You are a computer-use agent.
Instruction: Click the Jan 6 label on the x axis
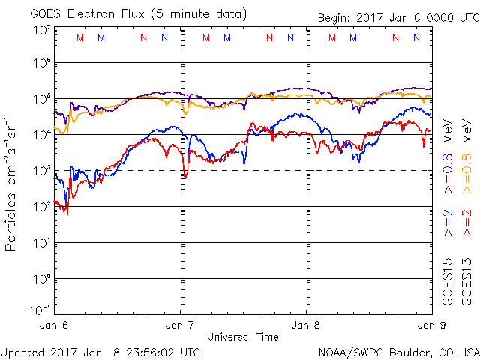[54, 325]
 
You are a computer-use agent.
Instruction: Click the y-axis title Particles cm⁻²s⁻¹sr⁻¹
[13, 183]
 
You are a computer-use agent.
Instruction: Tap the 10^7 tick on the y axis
[41, 30]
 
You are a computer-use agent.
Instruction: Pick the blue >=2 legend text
[448, 223]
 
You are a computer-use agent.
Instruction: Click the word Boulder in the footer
[410, 351]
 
